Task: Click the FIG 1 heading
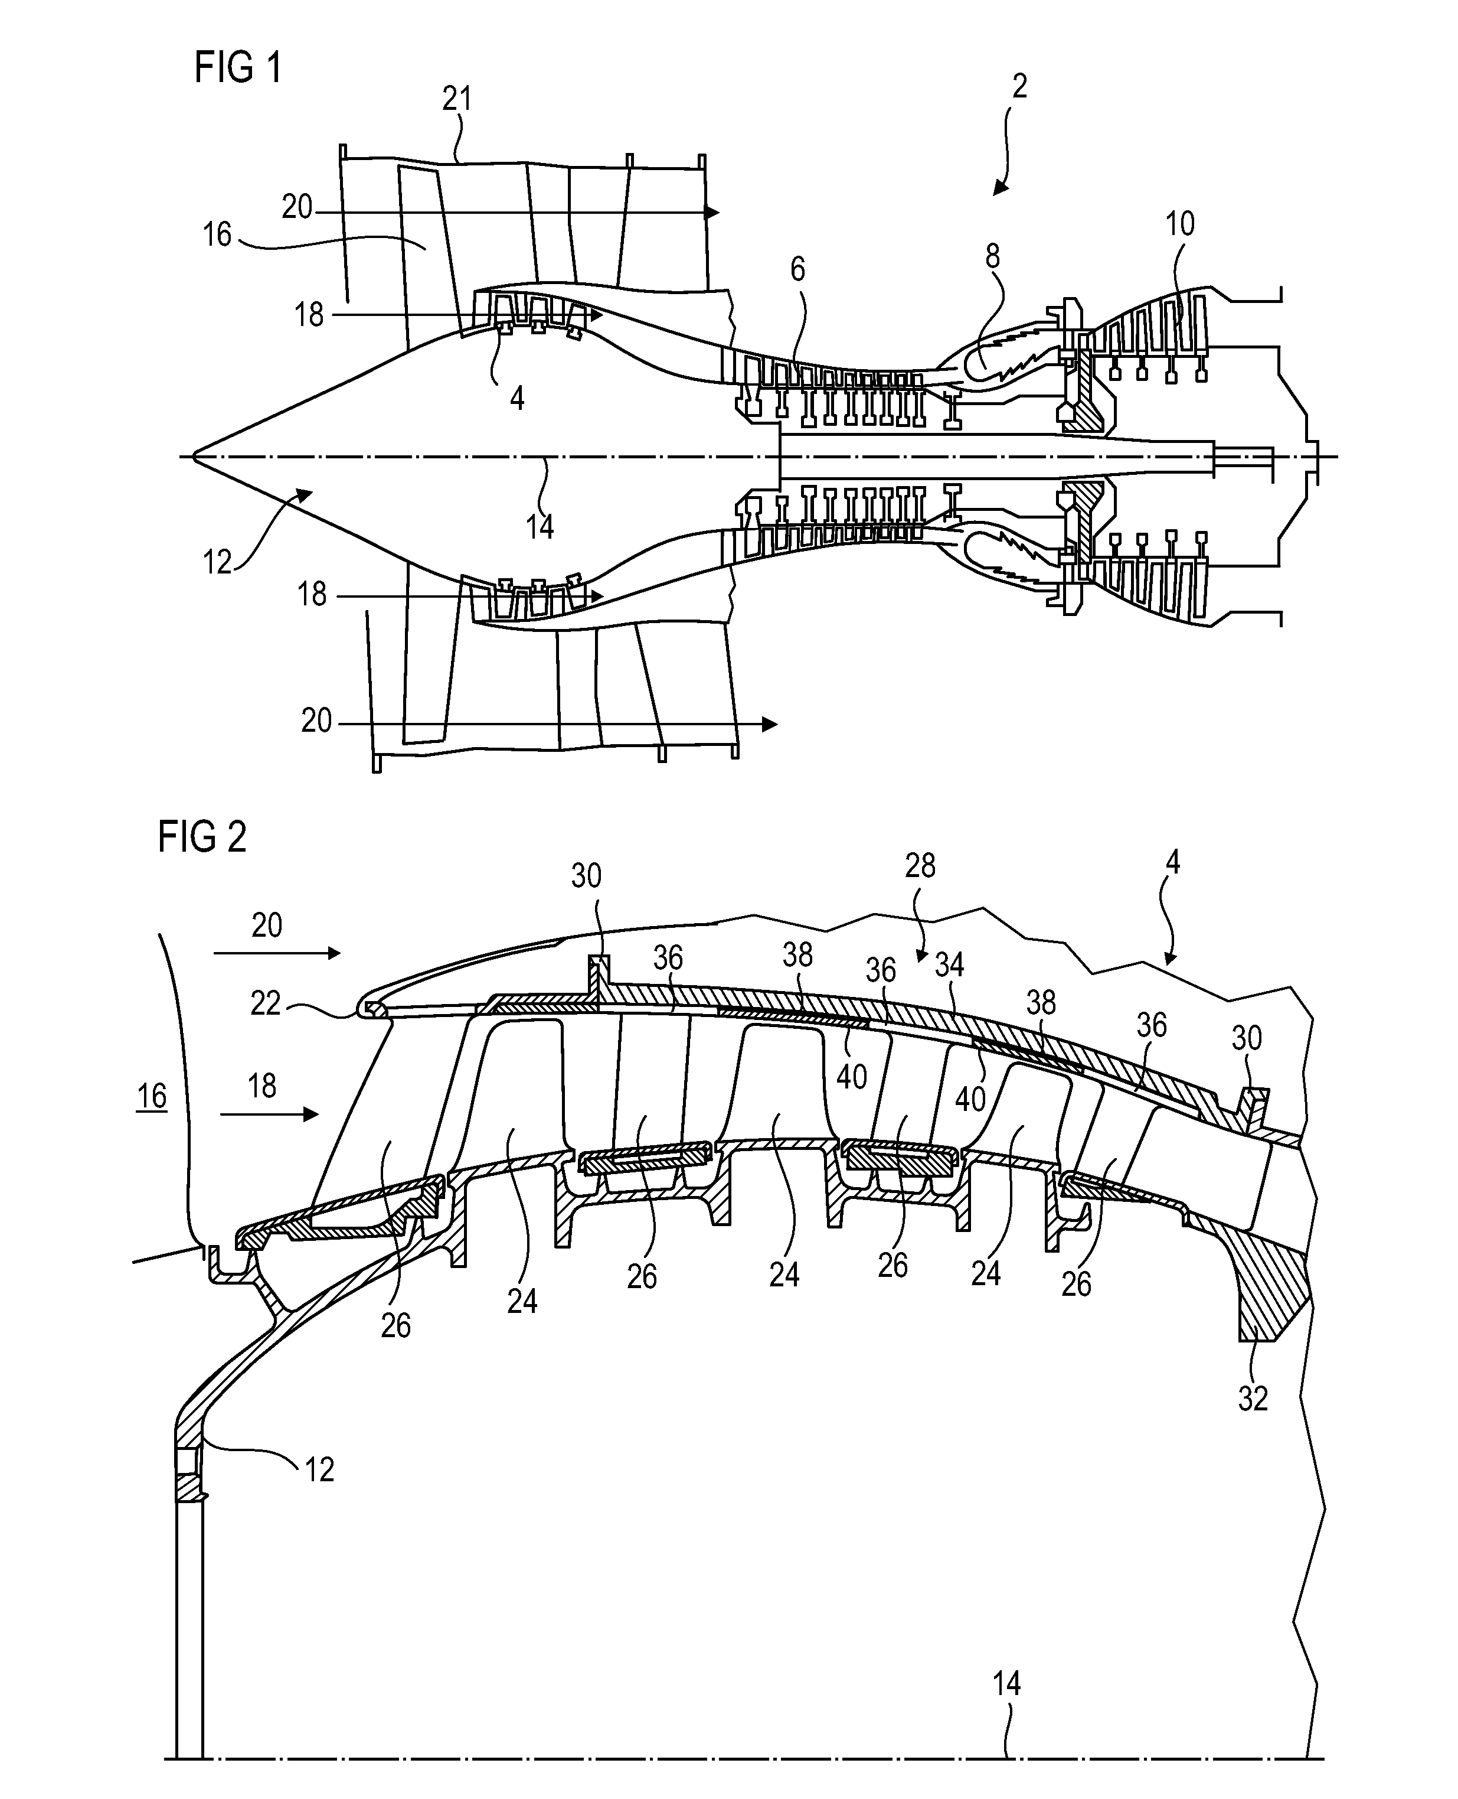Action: click(x=238, y=67)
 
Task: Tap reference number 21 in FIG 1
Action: click(x=457, y=100)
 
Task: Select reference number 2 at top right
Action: click(x=1019, y=87)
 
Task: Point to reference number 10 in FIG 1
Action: click(x=1180, y=224)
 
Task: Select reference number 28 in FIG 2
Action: click(x=920, y=865)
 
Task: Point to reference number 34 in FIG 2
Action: click(x=949, y=966)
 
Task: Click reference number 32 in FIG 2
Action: click(x=1252, y=1398)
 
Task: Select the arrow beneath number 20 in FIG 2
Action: click(x=277, y=953)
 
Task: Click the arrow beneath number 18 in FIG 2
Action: click(x=270, y=1114)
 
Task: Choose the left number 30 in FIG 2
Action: click(x=586, y=876)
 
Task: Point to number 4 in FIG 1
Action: click(x=517, y=397)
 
